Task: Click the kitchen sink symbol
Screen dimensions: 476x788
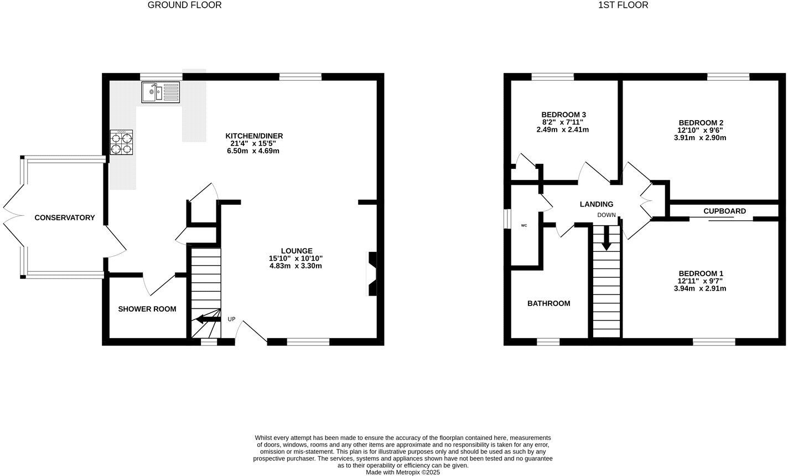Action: [x=160, y=92]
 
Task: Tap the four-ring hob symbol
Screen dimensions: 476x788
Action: [x=122, y=142]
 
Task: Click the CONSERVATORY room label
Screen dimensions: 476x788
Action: [x=65, y=218]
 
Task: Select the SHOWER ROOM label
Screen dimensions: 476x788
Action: [x=147, y=309]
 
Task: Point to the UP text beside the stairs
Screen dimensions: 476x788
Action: [x=231, y=319]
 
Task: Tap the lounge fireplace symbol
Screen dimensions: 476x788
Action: [x=372, y=274]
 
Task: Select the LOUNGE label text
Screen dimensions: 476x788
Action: [x=297, y=251]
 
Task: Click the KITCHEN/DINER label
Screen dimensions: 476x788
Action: [x=254, y=136]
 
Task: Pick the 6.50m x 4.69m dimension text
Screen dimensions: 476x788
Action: [x=254, y=151]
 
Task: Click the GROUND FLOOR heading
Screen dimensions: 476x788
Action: [x=184, y=5]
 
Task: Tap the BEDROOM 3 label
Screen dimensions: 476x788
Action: [x=562, y=115]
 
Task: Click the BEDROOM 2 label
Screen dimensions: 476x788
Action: [x=701, y=123]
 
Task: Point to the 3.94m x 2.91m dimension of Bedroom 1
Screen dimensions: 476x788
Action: [x=700, y=288]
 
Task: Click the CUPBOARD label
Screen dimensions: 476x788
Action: [x=724, y=211]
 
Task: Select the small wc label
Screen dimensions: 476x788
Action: [x=523, y=226]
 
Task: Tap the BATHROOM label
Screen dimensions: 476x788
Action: [x=548, y=303]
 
